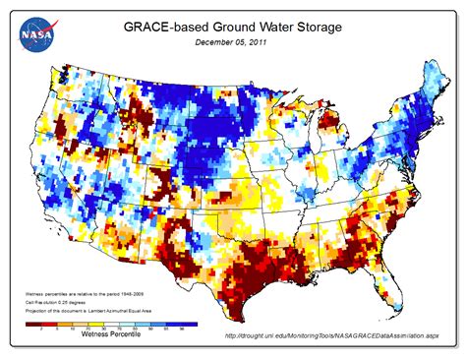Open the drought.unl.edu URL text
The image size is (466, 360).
328,336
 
